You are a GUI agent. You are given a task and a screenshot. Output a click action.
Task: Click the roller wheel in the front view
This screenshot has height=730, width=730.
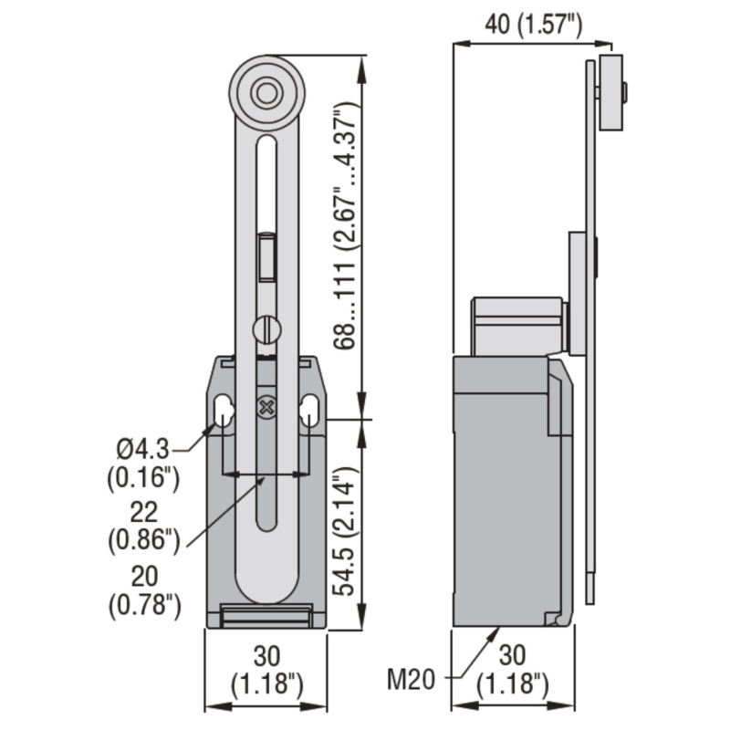point(266,92)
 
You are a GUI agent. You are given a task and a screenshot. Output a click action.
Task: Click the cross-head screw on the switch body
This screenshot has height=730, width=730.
point(266,406)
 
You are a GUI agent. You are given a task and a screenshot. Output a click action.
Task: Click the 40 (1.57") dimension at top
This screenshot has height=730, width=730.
point(533,26)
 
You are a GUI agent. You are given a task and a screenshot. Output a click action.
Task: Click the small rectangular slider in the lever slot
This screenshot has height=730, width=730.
point(266,255)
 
